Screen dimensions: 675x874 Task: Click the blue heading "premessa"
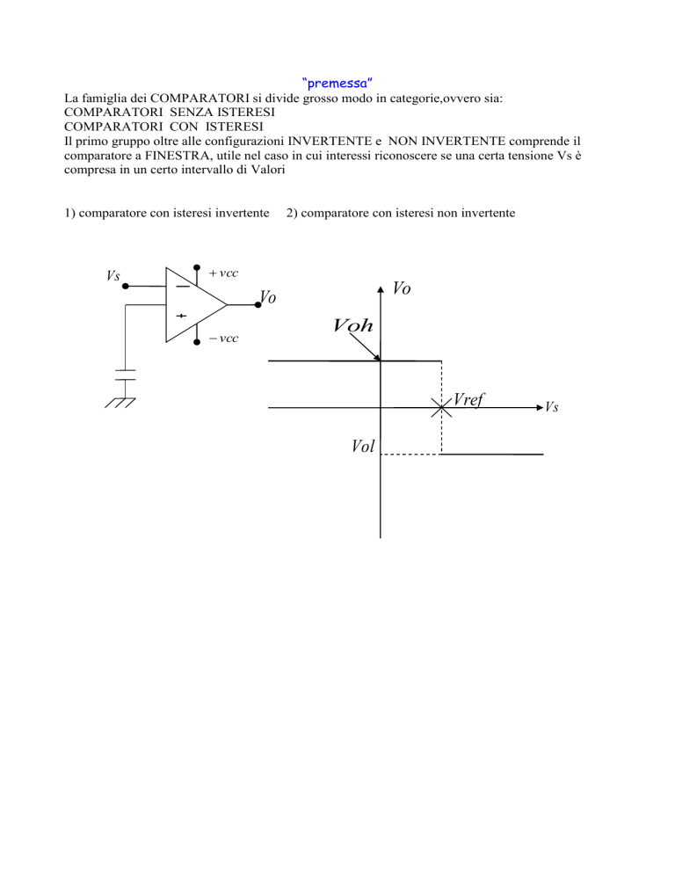coord(337,84)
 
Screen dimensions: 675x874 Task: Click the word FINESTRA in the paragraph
coord(178,156)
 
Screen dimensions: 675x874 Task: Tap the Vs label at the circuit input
coord(113,275)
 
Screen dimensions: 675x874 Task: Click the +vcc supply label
coord(223,273)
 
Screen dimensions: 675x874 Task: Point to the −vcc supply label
coord(223,339)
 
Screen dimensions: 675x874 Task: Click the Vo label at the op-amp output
coord(268,297)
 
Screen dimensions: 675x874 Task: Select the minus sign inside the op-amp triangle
coord(182,287)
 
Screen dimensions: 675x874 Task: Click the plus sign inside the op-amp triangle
coord(182,316)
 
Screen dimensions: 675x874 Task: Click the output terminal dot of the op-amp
coord(258,305)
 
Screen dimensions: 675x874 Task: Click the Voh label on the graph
coord(352,325)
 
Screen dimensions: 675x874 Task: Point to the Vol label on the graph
coord(363,446)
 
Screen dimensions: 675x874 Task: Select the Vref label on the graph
coord(468,400)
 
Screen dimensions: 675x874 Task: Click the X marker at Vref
coord(441,408)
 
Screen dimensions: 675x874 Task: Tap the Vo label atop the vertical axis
coord(402,288)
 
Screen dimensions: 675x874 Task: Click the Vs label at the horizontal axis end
coord(552,407)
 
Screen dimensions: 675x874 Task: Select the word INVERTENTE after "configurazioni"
coord(330,142)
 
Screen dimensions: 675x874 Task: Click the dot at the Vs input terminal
coord(126,286)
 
